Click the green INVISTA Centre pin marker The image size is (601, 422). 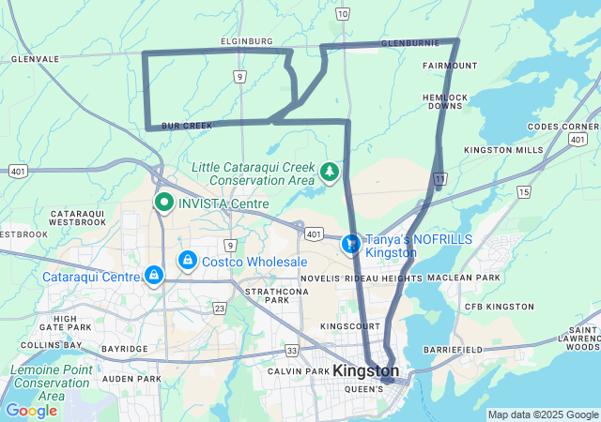pyautogui.click(x=163, y=202)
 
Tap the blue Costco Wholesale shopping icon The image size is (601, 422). pyautogui.click(x=188, y=260)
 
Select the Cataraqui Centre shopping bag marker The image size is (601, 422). pyautogui.click(x=152, y=275)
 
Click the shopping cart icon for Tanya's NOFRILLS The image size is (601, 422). pyautogui.click(x=350, y=244)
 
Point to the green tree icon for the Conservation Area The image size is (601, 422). pyautogui.click(x=329, y=172)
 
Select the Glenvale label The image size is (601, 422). pyautogui.click(x=35, y=58)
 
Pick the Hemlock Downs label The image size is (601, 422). pyautogui.click(x=445, y=101)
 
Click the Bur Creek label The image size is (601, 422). pyautogui.click(x=181, y=125)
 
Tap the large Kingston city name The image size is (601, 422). pyautogui.click(x=366, y=371)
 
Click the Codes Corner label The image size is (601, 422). pyautogui.click(x=562, y=127)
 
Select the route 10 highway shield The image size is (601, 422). pyautogui.click(x=343, y=13)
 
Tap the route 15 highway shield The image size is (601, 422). pyautogui.click(x=523, y=191)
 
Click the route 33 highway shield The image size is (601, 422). pyautogui.click(x=292, y=350)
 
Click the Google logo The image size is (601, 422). pyautogui.click(x=31, y=411)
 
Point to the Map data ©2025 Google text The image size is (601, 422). pyautogui.click(x=542, y=414)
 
